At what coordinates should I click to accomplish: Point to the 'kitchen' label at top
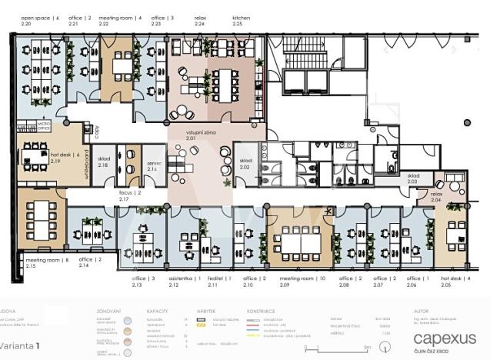(242, 17)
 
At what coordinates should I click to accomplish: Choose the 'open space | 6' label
(39, 17)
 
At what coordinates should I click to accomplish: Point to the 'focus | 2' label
(129, 192)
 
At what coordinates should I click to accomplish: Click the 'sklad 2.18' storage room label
(104, 162)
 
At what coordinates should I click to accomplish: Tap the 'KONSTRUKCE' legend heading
(262, 312)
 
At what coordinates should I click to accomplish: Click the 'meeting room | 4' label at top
(120, 17)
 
